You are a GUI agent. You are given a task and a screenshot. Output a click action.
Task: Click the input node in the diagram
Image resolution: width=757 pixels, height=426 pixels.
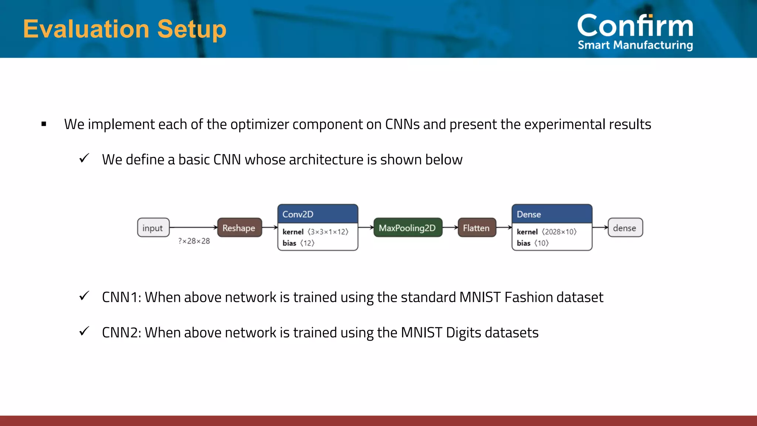(153, 228)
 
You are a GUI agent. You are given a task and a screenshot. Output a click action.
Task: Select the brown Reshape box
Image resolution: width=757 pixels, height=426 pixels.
(239, 228)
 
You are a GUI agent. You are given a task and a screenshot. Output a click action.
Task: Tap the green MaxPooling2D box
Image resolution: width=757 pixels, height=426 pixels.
(407, 228)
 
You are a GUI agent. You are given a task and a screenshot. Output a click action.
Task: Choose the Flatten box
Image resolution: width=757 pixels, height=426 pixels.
(476, 228)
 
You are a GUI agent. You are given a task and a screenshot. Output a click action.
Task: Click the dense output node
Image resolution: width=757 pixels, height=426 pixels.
(625, 228)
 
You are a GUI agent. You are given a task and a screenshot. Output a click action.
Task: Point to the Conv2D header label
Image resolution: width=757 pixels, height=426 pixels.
(298, 214)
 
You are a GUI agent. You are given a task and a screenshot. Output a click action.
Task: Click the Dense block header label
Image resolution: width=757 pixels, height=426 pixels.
(529, 214)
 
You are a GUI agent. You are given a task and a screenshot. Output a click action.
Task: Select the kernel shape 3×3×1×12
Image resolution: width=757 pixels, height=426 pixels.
(328, 232)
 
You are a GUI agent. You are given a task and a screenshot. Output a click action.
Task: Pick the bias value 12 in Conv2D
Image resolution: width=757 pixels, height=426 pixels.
(307, 243)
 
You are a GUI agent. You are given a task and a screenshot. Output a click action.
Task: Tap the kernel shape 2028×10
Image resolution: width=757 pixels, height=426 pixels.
(559, 232)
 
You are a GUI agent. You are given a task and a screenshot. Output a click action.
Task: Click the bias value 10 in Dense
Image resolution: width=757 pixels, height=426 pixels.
(542, 243)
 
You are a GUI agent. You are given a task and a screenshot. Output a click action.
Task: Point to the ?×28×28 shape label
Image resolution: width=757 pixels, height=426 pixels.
(194, 241)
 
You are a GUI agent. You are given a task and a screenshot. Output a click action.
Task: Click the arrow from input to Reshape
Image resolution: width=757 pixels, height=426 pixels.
(193, 227)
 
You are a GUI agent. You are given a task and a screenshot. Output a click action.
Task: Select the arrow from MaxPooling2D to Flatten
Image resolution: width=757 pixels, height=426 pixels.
(450, 227)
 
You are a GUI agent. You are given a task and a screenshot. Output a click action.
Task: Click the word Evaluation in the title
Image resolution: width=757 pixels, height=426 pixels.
(86, 29)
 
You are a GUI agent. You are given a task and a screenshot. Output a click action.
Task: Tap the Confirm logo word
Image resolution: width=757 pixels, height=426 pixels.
(635, 26)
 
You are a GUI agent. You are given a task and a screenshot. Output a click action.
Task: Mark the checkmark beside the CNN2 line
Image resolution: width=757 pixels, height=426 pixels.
(84, 331)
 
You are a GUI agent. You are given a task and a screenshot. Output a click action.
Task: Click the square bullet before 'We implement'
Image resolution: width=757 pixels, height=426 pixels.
(44, 124)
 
